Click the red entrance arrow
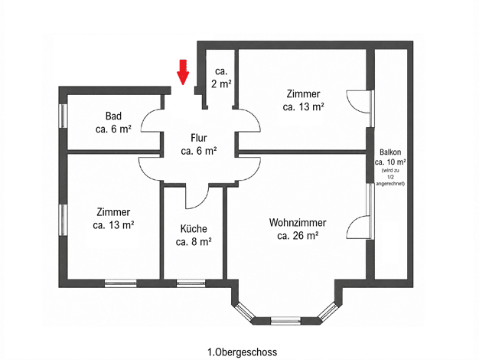(x=183, y=72)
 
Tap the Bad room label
(x=113, y=116)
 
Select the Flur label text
(x=199, y=138)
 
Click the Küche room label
(x=194, y=228)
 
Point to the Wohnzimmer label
(x=298, y=222)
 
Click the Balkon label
(x=390, y=152)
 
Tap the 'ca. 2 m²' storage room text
(x=221, y=77)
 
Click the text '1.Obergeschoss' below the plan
(x=243, y=352)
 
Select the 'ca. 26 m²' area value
(x=298, y=236)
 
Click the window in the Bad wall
(x=63, y=116)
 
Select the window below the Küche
(x=191, y=283)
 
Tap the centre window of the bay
(x=285, y=320)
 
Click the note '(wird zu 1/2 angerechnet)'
(x=390, y=177)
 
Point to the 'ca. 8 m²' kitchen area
(x=194, y=242)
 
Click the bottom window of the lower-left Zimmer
(x=121, y=283)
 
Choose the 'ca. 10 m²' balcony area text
(x=390, y=162)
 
